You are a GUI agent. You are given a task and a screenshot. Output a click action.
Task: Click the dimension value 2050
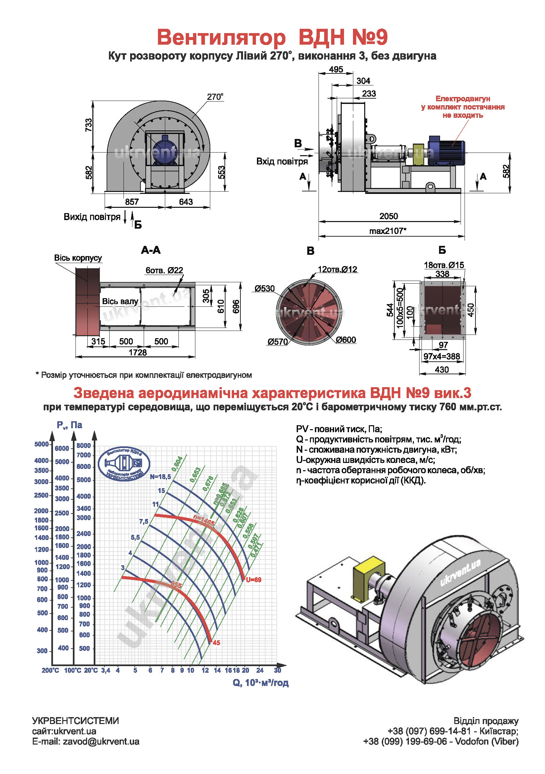point(388,216)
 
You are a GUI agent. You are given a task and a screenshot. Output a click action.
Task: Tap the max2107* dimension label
point(387,231)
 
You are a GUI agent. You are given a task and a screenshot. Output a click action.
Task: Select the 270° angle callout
point(215,97)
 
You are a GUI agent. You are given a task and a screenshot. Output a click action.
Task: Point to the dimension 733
point(88,125)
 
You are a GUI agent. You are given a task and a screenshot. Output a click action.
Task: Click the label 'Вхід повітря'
point(282,161)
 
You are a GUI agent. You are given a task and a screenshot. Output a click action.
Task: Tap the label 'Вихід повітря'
point(92,217)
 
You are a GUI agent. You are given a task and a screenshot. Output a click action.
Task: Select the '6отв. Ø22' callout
point(164,270)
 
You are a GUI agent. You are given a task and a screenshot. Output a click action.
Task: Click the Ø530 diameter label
point(265,289)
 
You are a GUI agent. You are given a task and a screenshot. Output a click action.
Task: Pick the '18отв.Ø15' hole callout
point(444,265)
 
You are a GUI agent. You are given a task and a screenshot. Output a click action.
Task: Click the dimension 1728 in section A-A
point(138,352)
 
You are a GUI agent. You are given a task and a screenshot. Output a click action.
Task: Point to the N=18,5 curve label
point(161,477)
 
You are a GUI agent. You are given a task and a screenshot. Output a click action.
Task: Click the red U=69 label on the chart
point(253,580)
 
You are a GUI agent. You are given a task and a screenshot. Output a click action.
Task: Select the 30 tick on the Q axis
point(277,670)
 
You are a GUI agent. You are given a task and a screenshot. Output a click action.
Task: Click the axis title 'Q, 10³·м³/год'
point(260,683)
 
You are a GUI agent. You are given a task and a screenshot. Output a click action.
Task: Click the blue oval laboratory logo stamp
point(124,464)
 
